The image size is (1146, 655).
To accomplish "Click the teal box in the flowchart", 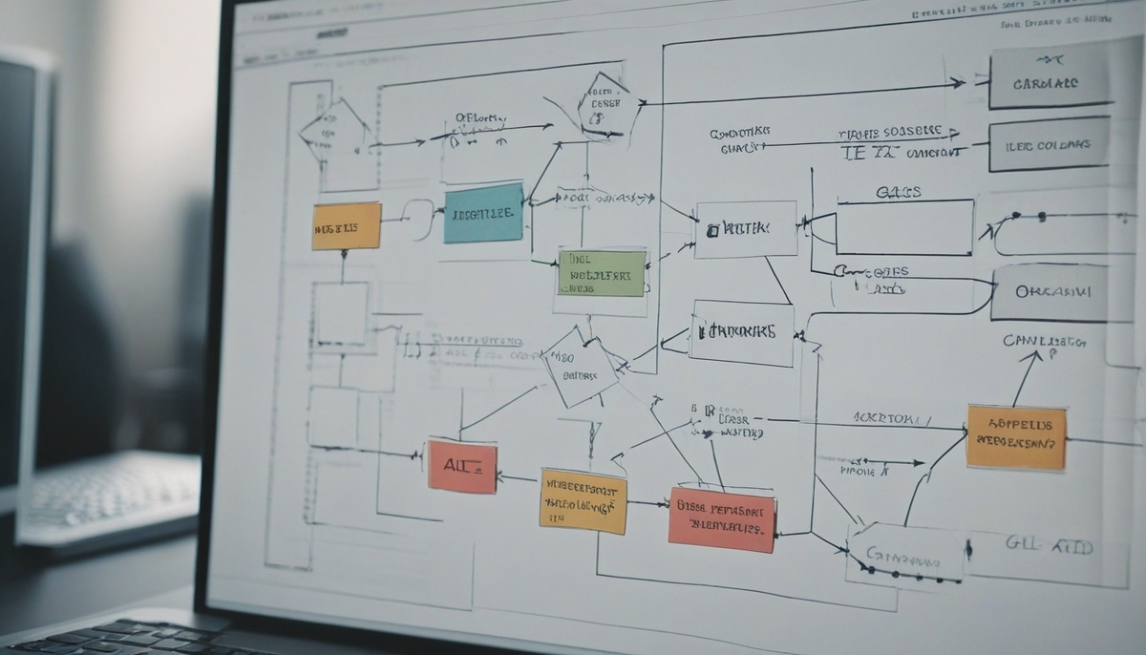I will (483, 213).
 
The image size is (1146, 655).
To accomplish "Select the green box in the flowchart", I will (601, 273).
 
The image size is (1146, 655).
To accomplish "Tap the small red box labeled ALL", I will (462, 467).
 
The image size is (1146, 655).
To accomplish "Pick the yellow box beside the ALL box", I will (583, 500).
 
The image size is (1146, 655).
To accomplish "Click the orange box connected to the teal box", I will (346, 225).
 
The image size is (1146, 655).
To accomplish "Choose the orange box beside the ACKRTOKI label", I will (1015, 437).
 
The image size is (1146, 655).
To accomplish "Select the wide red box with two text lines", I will (721, 519).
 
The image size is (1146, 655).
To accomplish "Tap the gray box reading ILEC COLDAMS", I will (1048, 143).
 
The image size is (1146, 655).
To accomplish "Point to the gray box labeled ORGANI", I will (1048, 292).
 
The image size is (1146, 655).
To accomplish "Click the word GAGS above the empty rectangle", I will (898, 192).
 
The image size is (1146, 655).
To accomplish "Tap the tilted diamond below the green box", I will (579, 367).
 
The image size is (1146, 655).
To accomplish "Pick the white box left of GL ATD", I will (904, 554).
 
